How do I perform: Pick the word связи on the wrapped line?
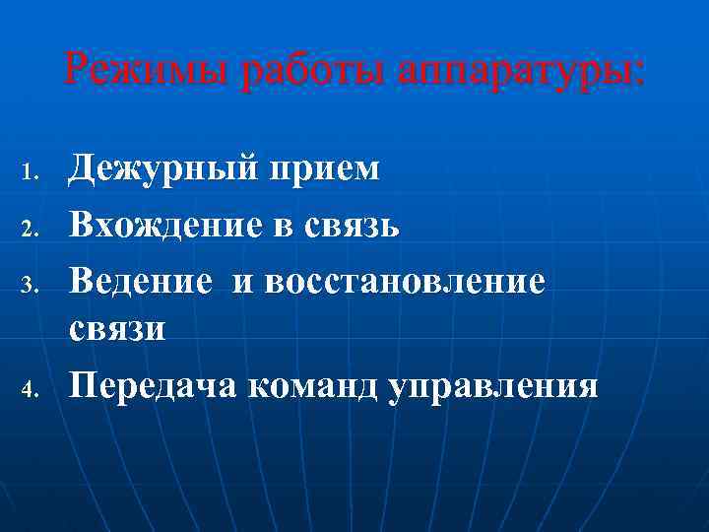pos(117,329)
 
